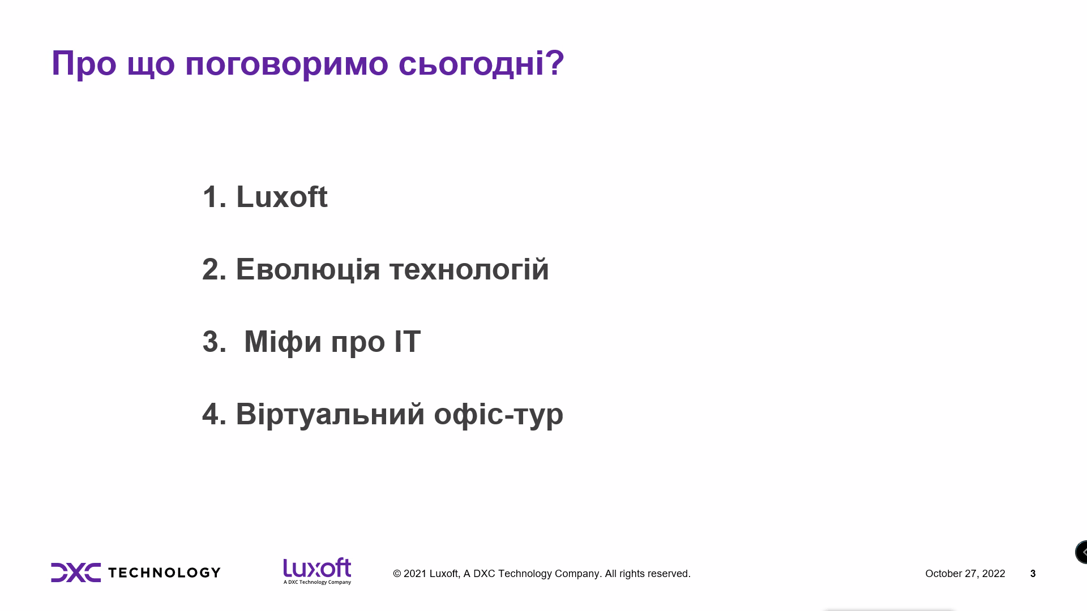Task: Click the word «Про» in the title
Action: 84,63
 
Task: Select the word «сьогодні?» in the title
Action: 481,64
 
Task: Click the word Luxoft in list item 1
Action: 282,197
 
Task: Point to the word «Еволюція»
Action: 308,269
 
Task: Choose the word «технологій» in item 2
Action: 469,269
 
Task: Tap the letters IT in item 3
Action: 408,342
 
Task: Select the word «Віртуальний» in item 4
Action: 330,415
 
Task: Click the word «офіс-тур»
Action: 499,415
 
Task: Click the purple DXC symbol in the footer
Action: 76,573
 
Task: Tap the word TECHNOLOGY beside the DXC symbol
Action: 164,573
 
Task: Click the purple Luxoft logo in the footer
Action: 317,571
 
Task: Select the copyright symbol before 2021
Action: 397,574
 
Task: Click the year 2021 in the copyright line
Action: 415,574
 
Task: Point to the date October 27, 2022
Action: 965,574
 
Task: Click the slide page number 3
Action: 1033,574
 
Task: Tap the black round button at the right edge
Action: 1081,552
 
